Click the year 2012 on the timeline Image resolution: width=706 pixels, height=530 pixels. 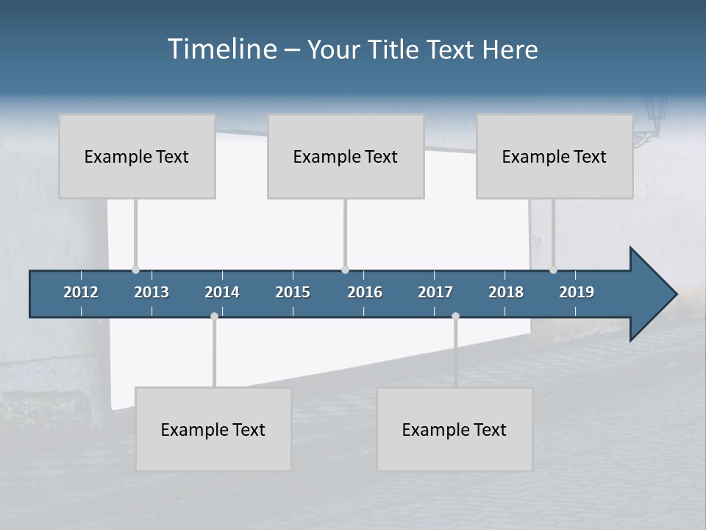81,292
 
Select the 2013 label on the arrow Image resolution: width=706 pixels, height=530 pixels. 151,292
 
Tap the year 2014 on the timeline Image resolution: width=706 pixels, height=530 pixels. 222,292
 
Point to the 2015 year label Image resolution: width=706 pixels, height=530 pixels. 293,292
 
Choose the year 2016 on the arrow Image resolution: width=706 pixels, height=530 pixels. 365,292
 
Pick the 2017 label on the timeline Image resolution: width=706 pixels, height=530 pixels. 435,292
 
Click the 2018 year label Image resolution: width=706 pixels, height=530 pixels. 506,292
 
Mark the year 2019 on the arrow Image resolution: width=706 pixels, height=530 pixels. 577,292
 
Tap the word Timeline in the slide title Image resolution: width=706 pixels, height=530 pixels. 221,49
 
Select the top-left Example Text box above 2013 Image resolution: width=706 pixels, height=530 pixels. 137,156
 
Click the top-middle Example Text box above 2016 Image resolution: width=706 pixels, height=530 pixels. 346,156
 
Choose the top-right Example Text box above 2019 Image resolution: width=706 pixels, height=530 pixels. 555,156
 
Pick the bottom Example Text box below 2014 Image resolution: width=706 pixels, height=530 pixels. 213,429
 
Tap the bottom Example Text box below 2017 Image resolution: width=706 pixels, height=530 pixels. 454,429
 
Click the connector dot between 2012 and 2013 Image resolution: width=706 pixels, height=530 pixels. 135,269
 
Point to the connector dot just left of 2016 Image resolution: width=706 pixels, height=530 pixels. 345,269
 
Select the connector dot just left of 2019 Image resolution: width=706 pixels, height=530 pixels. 553,269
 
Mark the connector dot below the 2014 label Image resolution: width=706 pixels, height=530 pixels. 214,317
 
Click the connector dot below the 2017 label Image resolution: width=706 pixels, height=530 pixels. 455,317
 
